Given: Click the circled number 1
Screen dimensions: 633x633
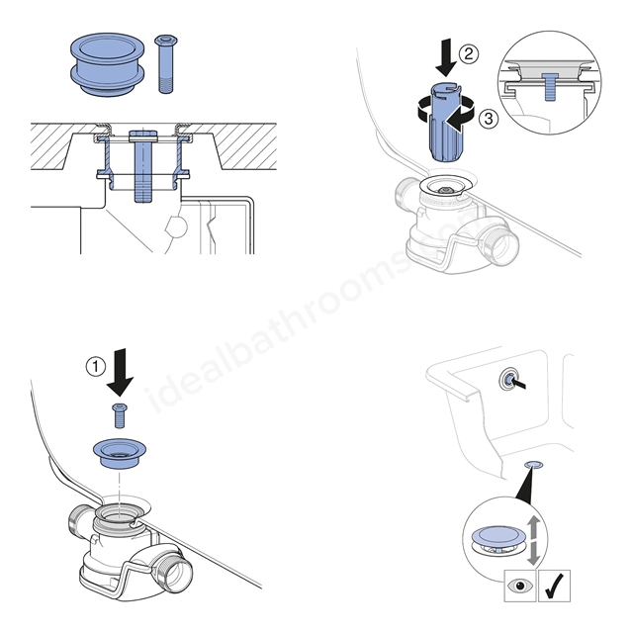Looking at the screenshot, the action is point(96,367).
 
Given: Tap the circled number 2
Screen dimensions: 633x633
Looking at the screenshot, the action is point(468,54).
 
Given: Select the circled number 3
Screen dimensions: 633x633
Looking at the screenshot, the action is point(489,119).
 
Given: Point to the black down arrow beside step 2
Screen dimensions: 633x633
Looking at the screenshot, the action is point(446,56).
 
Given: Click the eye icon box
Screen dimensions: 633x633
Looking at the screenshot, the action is point(520,586).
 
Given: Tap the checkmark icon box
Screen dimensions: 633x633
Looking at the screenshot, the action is point(555,586).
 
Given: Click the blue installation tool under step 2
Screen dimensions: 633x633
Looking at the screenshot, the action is point(443,122).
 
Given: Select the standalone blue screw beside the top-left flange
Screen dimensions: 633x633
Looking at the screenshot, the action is point(165,64).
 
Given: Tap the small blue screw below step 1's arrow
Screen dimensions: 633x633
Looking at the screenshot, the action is point(120,415).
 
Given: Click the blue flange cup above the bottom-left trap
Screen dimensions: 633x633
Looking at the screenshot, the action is point(120,454).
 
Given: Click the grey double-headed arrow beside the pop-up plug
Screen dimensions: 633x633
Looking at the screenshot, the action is point(534,540).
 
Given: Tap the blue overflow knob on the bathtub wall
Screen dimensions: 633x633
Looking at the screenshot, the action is point(509,379).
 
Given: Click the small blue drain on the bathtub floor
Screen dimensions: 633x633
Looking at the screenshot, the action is point(533,464).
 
